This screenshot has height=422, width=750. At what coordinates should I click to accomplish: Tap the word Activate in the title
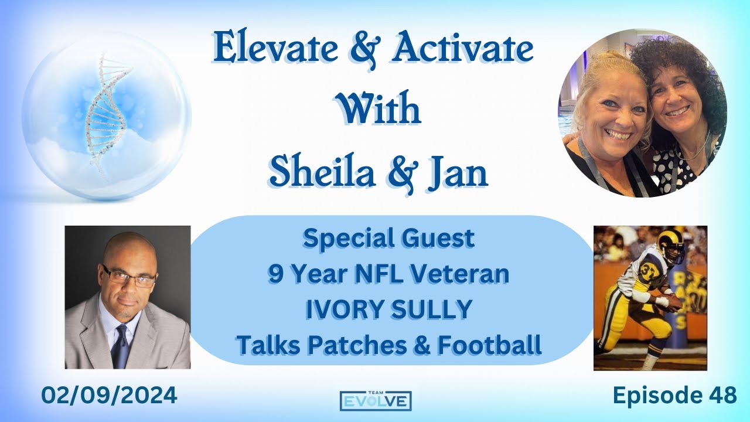point(463,50)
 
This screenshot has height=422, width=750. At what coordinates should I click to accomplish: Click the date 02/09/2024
point(109,396)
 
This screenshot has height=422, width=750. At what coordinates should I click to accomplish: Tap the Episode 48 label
point(674,396)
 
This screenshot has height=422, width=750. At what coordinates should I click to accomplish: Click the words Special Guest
point(388,239)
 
